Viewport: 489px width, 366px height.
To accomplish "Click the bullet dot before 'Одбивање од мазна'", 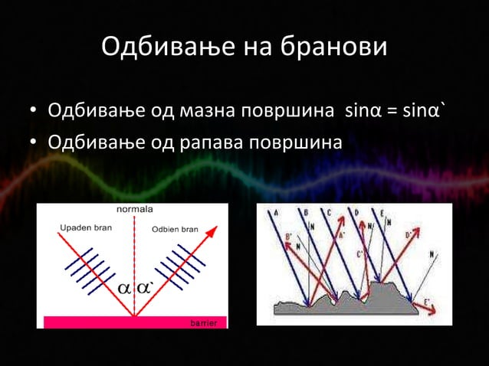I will click(x=34, y=110).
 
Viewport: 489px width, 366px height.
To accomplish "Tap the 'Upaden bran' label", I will click(x=85, y=228).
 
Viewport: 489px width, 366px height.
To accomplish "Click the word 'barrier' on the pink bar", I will click(x=203, y=323).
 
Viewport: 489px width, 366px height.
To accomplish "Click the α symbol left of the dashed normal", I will click(x=123, y=289).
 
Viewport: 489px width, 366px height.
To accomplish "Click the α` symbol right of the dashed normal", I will click(x=146, y=289).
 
